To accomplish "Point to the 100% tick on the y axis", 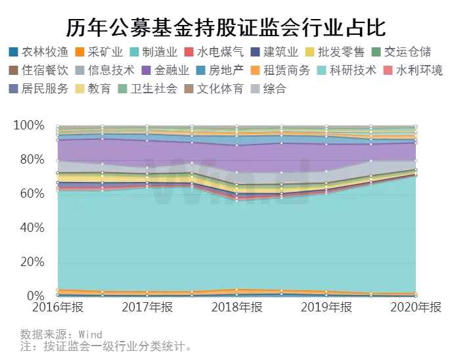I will [x=29, y=125].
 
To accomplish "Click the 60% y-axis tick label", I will [x=32, y=194].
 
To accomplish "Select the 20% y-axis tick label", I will [x=32, y=262].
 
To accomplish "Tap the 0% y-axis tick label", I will [x=35, y=296].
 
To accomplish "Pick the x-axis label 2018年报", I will [x=237, y=308].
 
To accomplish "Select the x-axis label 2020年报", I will [x=416, y=308].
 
